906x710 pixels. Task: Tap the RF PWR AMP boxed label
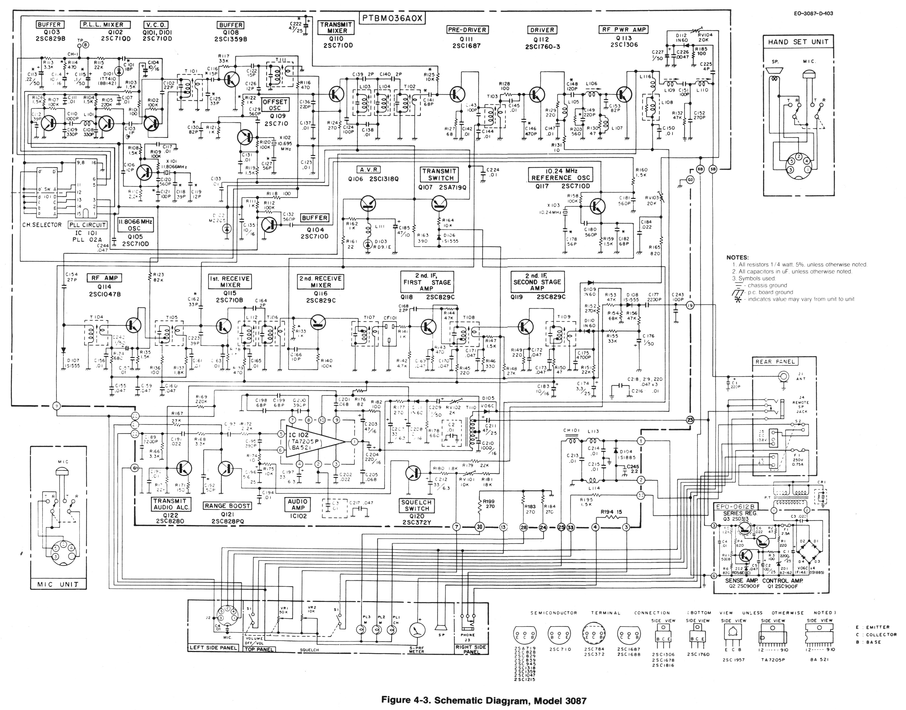point(624,29)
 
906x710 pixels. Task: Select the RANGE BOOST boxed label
point(227,506)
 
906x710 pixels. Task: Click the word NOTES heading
point(737,258)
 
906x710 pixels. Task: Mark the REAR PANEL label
point(775,362)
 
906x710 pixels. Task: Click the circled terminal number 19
point(691,305)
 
